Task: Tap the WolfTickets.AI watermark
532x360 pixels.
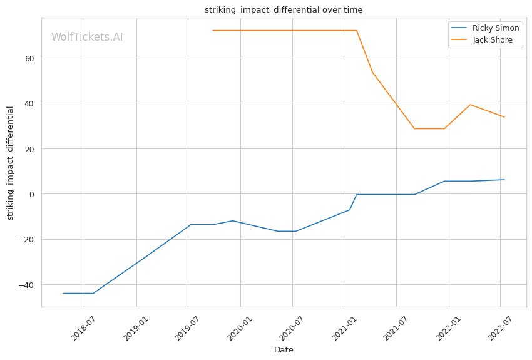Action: coord(87,37)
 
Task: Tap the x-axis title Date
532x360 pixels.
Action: coord(284,350)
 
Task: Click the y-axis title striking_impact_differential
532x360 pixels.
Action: coord(10,163)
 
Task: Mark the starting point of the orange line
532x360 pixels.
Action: coord(213,30)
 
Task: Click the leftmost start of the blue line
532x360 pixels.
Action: coord(63,293)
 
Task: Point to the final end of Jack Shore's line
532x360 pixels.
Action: coord(504,117)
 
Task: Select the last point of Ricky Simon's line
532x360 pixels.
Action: coord(504,180)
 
